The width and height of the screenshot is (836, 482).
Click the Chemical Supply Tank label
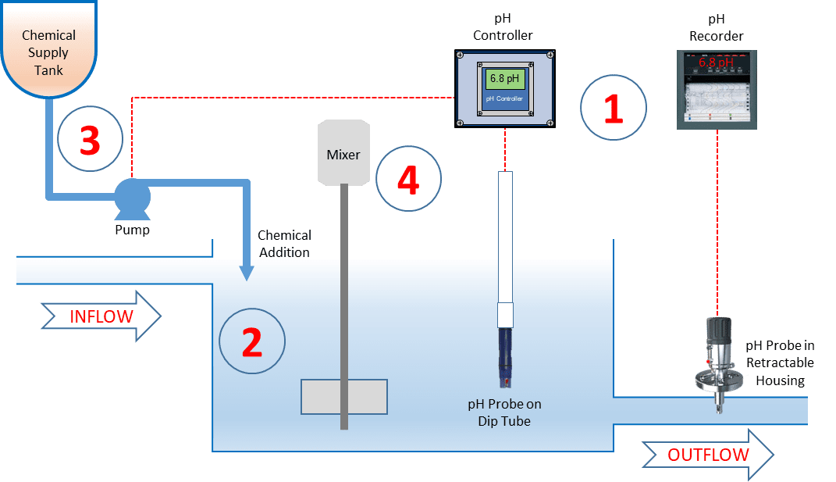pos(48,52)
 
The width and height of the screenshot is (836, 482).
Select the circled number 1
pos(614,108)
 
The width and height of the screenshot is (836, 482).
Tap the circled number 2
pos(251,341)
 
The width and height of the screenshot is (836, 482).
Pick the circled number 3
pos(90,141)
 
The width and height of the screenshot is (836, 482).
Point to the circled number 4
pos(408,180)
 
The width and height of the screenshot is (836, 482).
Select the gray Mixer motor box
pos(343,152)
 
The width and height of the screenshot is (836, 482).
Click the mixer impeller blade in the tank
pos(343,396)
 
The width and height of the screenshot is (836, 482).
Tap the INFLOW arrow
pos(101,316)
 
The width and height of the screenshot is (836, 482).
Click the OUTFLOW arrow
pos(707,454)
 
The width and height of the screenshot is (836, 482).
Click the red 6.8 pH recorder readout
pos(717,63)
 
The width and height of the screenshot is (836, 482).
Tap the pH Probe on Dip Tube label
pos(504,412)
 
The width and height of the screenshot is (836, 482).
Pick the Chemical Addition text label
pos(284,244)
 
